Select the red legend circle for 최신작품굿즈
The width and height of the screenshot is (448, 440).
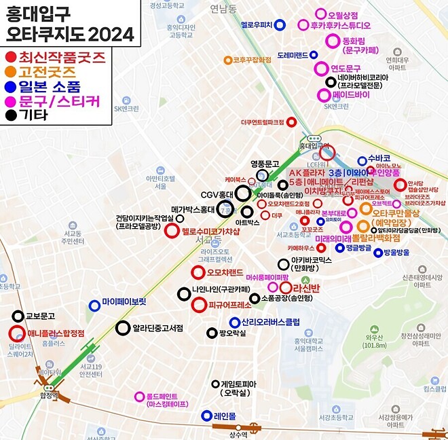(x=11, y=57)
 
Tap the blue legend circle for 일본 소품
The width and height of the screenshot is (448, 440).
(x=11, y=87)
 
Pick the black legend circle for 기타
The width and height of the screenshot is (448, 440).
(x=11, y=115)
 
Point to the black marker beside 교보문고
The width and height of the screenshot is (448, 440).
(x=17, y=316)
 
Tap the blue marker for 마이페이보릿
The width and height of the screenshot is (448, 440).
(x=94, y=306)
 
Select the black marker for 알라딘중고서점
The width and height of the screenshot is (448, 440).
(x=123, y=329)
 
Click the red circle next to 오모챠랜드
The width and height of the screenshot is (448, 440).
(x=198, y=273)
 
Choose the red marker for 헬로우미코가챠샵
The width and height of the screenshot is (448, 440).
(x=172, y=231)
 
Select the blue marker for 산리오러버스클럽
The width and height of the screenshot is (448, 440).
(x=234, y=322)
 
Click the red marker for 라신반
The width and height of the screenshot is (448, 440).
(x=285, y=288)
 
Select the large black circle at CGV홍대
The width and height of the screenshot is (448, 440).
(x=242, y=193)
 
